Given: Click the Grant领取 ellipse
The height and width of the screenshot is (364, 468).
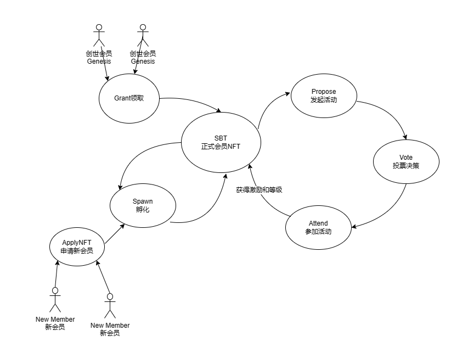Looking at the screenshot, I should coord(129,99).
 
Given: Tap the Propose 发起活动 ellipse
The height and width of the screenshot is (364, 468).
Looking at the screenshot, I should coord(323,96).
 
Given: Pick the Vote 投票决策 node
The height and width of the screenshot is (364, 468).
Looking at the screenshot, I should coord(406,161).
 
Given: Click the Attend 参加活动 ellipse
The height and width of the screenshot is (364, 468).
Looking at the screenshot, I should coord(318,227).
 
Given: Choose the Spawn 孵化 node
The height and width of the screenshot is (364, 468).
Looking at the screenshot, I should coord(143,206).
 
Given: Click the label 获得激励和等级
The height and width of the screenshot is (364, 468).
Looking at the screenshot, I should coord(259,190).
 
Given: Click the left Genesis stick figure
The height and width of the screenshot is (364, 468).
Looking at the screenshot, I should coord(99,36).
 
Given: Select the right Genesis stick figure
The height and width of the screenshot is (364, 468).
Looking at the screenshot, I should coord(143,36).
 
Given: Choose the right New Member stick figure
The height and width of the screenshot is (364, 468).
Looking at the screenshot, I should coord(110,306).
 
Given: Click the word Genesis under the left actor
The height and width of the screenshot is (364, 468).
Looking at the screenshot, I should coord(99,61).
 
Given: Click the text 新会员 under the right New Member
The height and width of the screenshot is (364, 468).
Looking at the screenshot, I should coord(110,333).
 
